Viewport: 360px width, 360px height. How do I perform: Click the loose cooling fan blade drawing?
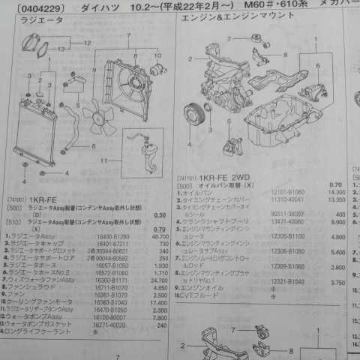coord(97,117)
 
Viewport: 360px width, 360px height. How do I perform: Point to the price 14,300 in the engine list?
coord(337,193)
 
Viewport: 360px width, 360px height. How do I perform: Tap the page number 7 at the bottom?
coord(118,355)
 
